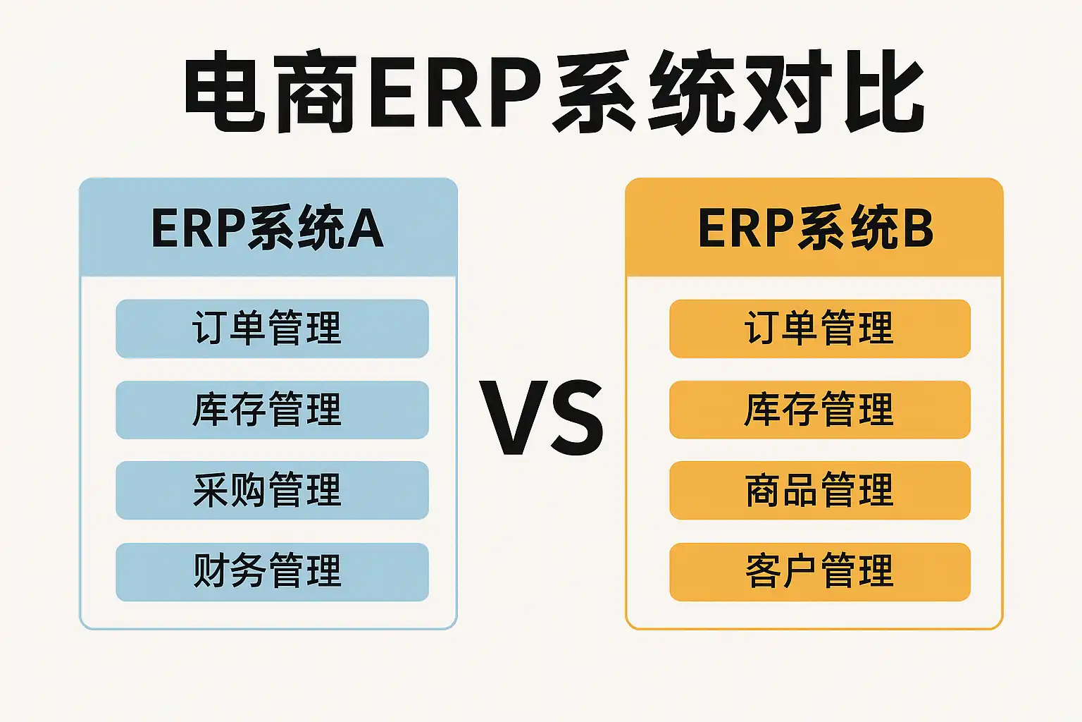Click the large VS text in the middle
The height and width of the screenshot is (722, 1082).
[x=542, y=417]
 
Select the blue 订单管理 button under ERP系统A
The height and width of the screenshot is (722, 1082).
[x=272, y=329]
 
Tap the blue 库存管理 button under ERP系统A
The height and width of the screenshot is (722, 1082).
[x=272, y=410]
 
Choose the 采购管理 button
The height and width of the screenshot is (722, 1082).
[x=272, y=490]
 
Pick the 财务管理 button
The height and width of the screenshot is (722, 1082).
[x=272, y=572]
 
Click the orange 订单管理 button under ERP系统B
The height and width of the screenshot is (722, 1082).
[x=820, y=329]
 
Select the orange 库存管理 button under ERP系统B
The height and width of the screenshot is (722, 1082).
[x=820, y=410]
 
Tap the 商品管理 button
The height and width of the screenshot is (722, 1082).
[x=820, y=490]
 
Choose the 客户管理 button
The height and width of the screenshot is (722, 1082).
[x=820, y=572]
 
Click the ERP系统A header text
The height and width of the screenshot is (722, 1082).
[x=268, y=228]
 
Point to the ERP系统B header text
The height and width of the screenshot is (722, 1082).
[x=816, y=228]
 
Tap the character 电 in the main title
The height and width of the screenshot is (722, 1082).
[x=225, y=91]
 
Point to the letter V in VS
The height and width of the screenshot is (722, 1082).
[x=511, y=418]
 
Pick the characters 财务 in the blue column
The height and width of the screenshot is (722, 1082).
[x=230, y=571]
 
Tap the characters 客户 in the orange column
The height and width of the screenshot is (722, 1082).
[x=782, y=571]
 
